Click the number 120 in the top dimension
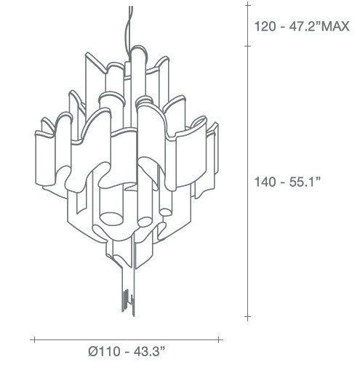[x=265, y=27]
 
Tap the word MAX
[x=337, y=27]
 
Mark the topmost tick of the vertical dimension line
[x=247, y=5]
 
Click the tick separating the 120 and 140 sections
[x=247, y=46]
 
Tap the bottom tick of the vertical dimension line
[x=247, y=317]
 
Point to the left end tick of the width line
[x=33, y=339]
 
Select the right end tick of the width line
[x=222, y=339]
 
